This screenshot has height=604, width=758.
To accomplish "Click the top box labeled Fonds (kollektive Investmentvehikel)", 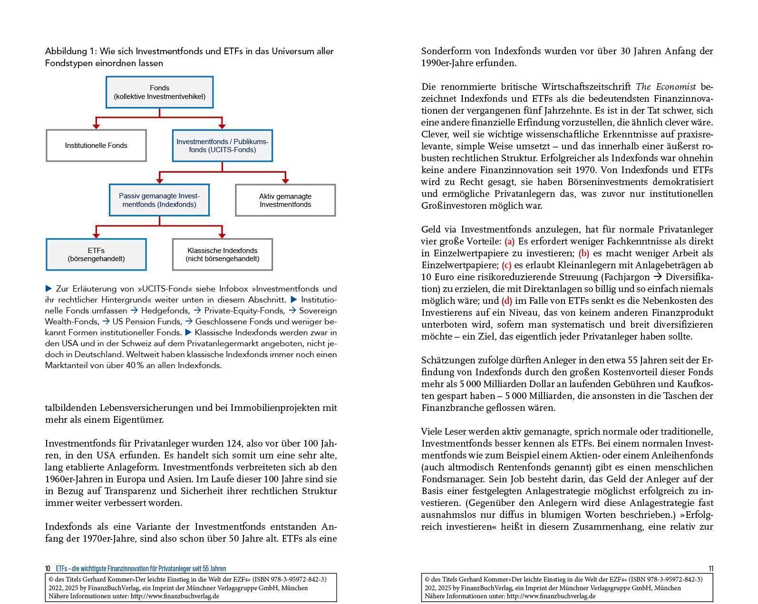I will pos(159,92).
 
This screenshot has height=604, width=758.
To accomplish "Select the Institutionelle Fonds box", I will pos(96,146).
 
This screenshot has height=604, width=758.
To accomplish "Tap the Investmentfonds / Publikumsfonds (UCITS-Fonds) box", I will pos(222,146).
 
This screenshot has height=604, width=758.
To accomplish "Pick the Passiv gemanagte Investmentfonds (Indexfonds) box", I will pos(159,200).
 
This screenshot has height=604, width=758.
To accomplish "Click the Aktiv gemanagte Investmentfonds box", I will pos(285,200).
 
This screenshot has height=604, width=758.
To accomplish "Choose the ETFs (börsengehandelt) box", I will pos(96,254).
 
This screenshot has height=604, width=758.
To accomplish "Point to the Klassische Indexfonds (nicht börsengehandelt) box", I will pos(222,254).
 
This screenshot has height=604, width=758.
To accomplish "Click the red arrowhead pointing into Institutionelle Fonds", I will pos(96,126).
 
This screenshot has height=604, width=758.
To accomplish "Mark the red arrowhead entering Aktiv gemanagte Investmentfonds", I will pos(285,181).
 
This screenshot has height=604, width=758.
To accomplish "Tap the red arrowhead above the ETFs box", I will pos(96,235).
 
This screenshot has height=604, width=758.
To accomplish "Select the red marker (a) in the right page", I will pos(509,242).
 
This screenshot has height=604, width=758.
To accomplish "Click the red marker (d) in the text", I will pos(506,301).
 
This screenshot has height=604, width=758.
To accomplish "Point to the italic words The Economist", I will pos(665,87).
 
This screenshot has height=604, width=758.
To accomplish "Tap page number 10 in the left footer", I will pos(48,569).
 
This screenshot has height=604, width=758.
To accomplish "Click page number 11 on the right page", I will pos(710,569).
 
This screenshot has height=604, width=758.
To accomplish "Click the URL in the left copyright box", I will pos(175,596).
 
